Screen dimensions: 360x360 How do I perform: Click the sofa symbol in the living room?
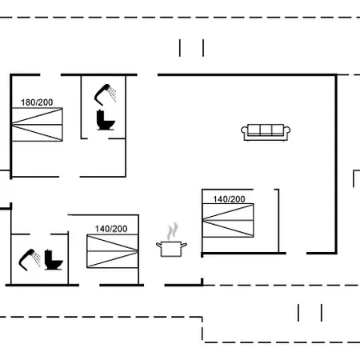pos(266,132)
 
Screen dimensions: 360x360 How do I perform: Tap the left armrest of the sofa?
pos(244,133)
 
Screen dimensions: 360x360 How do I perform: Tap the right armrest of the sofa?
pos(287,133)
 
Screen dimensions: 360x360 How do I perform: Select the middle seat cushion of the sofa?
pos(266,130)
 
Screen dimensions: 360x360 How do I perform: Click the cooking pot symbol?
pos(171,249)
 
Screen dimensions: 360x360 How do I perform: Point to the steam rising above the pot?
pos(172,231)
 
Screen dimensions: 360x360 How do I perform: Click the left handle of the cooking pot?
pos(159,245)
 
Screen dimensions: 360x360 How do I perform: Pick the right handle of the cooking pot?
pos(184,245)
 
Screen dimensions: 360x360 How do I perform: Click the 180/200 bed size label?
pos(37,102)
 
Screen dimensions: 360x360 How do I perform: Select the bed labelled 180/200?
pos(38,124)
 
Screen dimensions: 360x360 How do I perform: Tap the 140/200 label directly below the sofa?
pos(229,199)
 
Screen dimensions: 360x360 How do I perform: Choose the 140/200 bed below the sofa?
pos(228,220)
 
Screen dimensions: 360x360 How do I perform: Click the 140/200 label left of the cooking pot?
pos(111,229)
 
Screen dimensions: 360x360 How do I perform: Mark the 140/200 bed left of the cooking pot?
pos(113,251)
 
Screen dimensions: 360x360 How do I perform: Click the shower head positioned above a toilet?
pos(102,94)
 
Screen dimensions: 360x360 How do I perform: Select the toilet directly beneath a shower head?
pos(106,120)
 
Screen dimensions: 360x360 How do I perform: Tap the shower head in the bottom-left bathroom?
pos(26,259)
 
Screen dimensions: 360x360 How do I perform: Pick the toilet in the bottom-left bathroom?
pos(54,260)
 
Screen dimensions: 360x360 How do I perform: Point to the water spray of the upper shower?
pos(113,94)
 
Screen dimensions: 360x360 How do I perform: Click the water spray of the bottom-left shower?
pos(37,258)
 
